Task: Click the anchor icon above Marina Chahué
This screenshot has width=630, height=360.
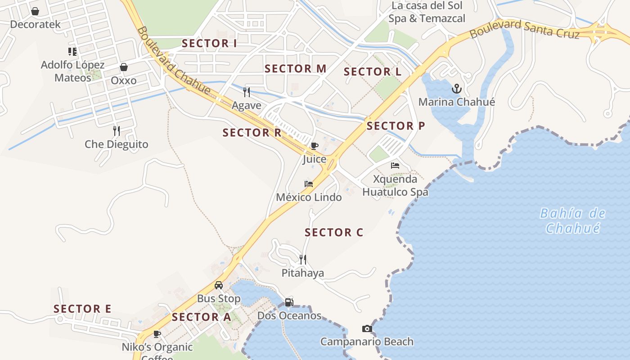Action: click(457, 88)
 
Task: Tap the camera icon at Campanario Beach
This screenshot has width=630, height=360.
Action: click(367, 329)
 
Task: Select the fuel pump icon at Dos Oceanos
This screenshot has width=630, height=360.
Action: click(289, 302)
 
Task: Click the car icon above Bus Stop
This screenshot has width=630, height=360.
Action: click(219, 285)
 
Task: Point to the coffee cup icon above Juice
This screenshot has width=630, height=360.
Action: click(314, 146)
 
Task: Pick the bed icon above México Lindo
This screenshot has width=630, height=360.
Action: click(309, 184)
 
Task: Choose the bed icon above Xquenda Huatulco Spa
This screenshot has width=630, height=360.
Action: click(395, 165)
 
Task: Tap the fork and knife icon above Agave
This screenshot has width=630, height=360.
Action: click(246, 92)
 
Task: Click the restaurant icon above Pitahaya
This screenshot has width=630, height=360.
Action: click(303, 259)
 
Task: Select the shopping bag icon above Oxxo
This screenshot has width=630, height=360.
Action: click(124, 67)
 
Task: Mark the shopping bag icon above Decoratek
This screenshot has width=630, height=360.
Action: click(35, 11)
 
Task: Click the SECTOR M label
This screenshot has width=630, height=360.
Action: click(295, 69)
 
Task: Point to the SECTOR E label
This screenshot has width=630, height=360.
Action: click(82, 309)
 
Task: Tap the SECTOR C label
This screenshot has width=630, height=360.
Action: click(334, 233)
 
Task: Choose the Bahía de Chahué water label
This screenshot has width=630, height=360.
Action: click(573, 220)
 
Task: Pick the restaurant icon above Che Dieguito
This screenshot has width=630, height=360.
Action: click(116, 131)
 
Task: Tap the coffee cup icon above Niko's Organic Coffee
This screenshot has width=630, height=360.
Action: click(157, 334)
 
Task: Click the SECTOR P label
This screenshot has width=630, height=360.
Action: click(396, 126)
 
